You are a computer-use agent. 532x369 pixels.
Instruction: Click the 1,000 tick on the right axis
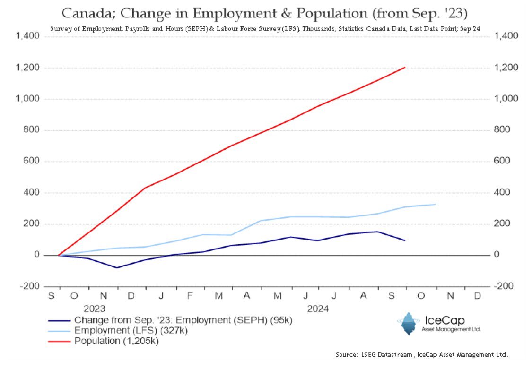(505, 99)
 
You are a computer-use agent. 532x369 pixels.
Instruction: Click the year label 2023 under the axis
(94, 308)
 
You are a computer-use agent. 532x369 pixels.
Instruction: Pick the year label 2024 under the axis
(318, 308)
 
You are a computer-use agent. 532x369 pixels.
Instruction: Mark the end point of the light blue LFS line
(435, 204)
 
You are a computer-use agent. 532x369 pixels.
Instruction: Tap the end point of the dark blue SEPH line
(405, 240)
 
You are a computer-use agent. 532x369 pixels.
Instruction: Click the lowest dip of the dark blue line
(117, 268)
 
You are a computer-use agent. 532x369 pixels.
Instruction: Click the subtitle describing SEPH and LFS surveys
(265, 29)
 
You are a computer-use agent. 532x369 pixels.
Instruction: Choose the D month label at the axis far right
(478, 296)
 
